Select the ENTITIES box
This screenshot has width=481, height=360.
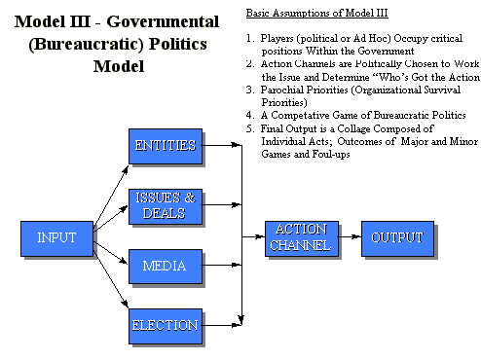point(166,147)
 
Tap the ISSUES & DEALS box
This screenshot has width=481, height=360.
point(166,205)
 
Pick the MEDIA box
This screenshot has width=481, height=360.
point(166,265)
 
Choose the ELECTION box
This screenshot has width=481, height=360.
point(166,326)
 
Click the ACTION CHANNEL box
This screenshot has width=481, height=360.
point(301,238)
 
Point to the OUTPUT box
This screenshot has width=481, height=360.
point(396,238)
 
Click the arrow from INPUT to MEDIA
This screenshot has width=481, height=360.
point(111,251)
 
